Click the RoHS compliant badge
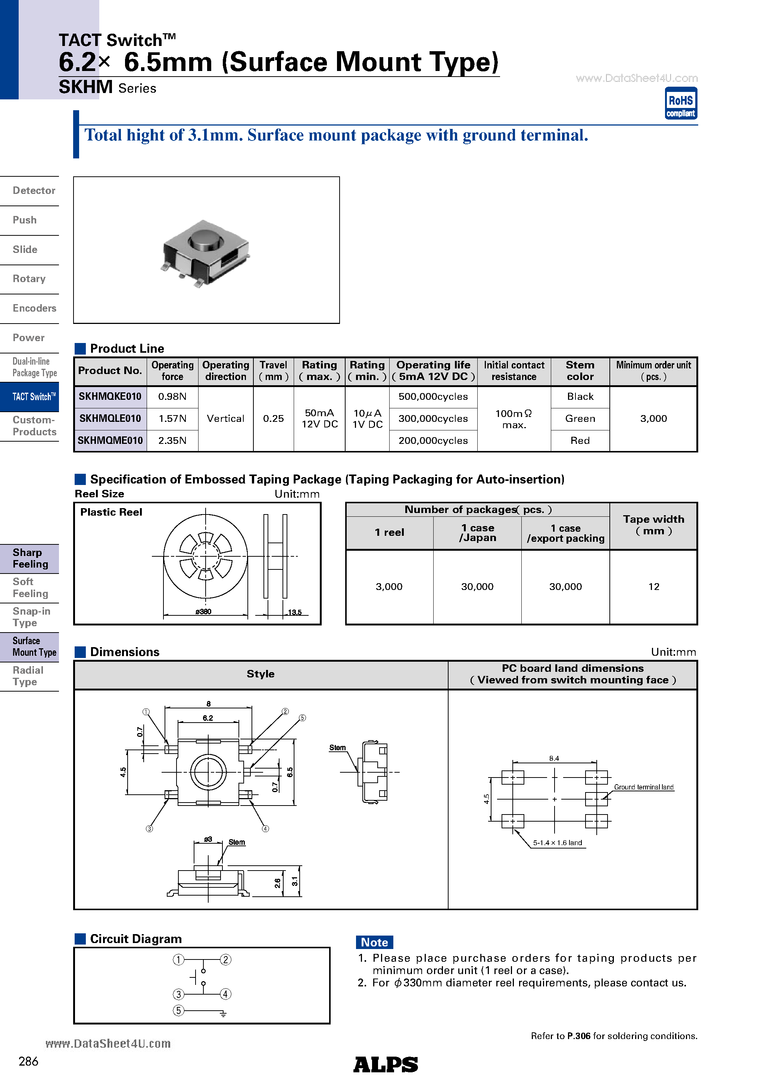[x=680, y=103]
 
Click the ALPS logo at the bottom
[x=385, y=1064]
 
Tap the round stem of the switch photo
[x=206, y=239]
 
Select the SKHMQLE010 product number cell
[x=110, y=418]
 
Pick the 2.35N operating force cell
[x=172, y=441]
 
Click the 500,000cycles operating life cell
[x=433, y=397]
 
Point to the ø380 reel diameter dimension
[x=203, y=612]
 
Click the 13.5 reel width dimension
[x=294, y=612]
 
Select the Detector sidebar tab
[x=34, y=191]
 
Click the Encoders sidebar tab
[x=34, y=308]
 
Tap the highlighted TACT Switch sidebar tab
[x=33, y=397]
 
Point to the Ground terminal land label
[x=643, y=787]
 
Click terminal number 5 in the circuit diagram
[x=178, y=1011]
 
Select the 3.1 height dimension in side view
[x=295, y=881]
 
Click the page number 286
[x=28, y=1061]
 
